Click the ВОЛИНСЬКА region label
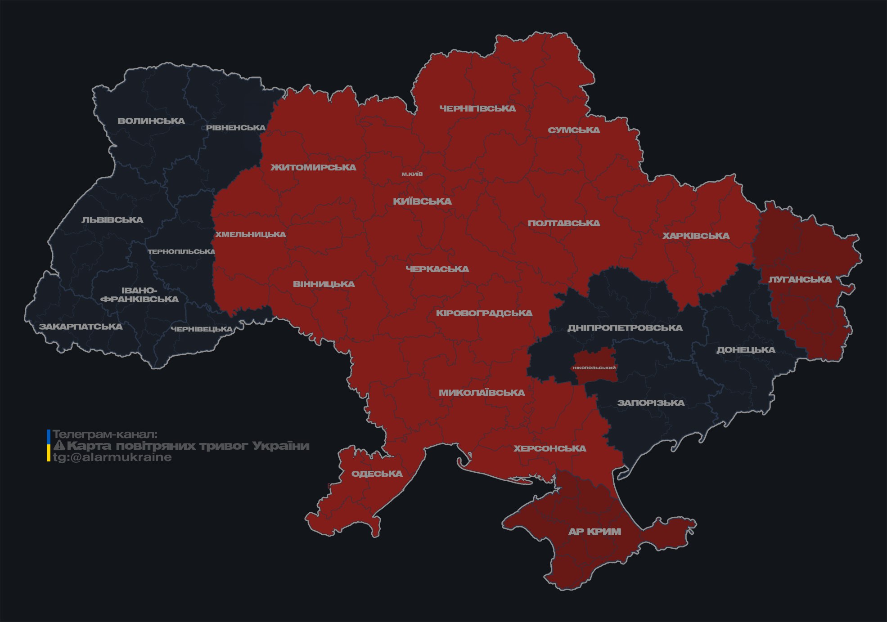151,121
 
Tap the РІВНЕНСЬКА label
236,128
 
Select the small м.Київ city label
412,174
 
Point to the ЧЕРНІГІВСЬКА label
477,108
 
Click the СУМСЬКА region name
574,130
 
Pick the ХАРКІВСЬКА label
696,236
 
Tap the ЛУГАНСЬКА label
800,280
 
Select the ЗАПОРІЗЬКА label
651,403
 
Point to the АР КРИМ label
594,532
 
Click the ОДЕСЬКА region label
377,474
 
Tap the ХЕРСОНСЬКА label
549,448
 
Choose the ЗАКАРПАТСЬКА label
81,327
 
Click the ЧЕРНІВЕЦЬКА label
202,329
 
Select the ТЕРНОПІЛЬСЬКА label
181,251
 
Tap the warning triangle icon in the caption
59,446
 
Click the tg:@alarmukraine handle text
113,457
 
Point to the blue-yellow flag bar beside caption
49,445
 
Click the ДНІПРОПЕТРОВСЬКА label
625,328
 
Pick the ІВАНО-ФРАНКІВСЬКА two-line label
140,295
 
